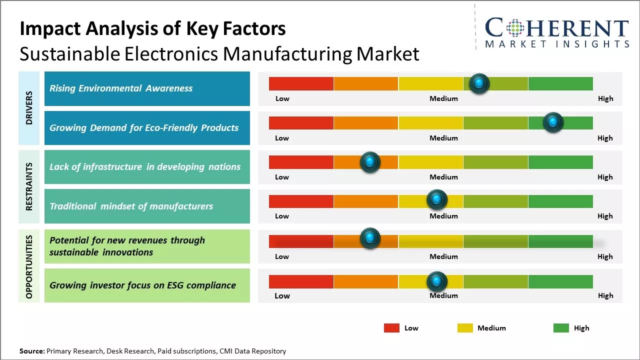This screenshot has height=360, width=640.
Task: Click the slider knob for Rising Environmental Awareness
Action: pyautogui.click(x=479, y=83)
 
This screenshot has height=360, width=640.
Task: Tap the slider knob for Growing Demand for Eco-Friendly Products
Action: pyautogui.click(x=553, y=122)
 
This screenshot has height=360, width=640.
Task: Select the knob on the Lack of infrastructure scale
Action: pyautogui.click(x=370, y=162)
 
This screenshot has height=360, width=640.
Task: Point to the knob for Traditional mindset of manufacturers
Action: pyautogui.click(x=437, y=200)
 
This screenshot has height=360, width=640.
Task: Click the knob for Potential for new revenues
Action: pyautogui.click(x=370, y=238)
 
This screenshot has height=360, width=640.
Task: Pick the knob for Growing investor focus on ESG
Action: pyautogui.click(x=437, y=281)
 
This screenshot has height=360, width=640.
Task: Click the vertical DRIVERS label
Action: pyautogui.click(x=29, y=108)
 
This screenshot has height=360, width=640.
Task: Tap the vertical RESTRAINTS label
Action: pyautogui.click(x=29, y=186)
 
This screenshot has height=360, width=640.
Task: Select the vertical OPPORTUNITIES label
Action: pyautogui.click(x=29, y=266)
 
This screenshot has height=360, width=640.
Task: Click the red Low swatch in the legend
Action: pyautogui.click(x=391, y=328)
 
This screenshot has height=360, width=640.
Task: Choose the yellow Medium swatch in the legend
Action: pyautogui.click(x=465, y=328)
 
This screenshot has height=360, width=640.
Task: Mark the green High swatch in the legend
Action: pyautogui.click(x=561, y=328)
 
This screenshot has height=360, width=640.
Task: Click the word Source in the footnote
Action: pyautogui.click(x=31, y=351)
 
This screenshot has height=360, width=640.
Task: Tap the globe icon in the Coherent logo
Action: pyautogui.click(x=514, y=28)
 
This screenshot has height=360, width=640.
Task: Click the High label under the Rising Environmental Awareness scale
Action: pyautogui.click(x=605, y=98)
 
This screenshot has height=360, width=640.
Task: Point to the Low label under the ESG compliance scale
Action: pyautogui.click(x=282, y=295)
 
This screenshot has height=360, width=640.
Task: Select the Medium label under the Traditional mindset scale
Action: pyautogui.click(x=443, y=216)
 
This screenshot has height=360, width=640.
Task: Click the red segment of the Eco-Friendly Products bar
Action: pyautogui.click(x=301, y=123)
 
